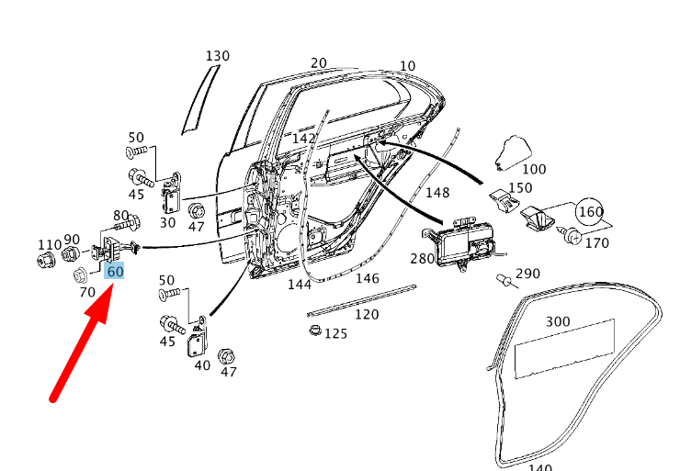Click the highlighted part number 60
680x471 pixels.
point(115,272)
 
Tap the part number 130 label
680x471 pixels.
point(217,56)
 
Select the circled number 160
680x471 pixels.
point(591,212)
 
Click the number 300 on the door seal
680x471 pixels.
point(558,321)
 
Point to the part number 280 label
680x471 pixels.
point(422,258)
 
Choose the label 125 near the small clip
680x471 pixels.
point(335,333)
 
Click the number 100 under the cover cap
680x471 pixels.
point(533,170)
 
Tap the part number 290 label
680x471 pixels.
point(527,274)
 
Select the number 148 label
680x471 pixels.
point(437,193)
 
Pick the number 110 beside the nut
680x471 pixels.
point(49,244)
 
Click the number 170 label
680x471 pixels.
point(596,243)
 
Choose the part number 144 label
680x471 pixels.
point(300,285)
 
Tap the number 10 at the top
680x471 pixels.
point(407,65)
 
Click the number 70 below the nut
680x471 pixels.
point(87,292)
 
